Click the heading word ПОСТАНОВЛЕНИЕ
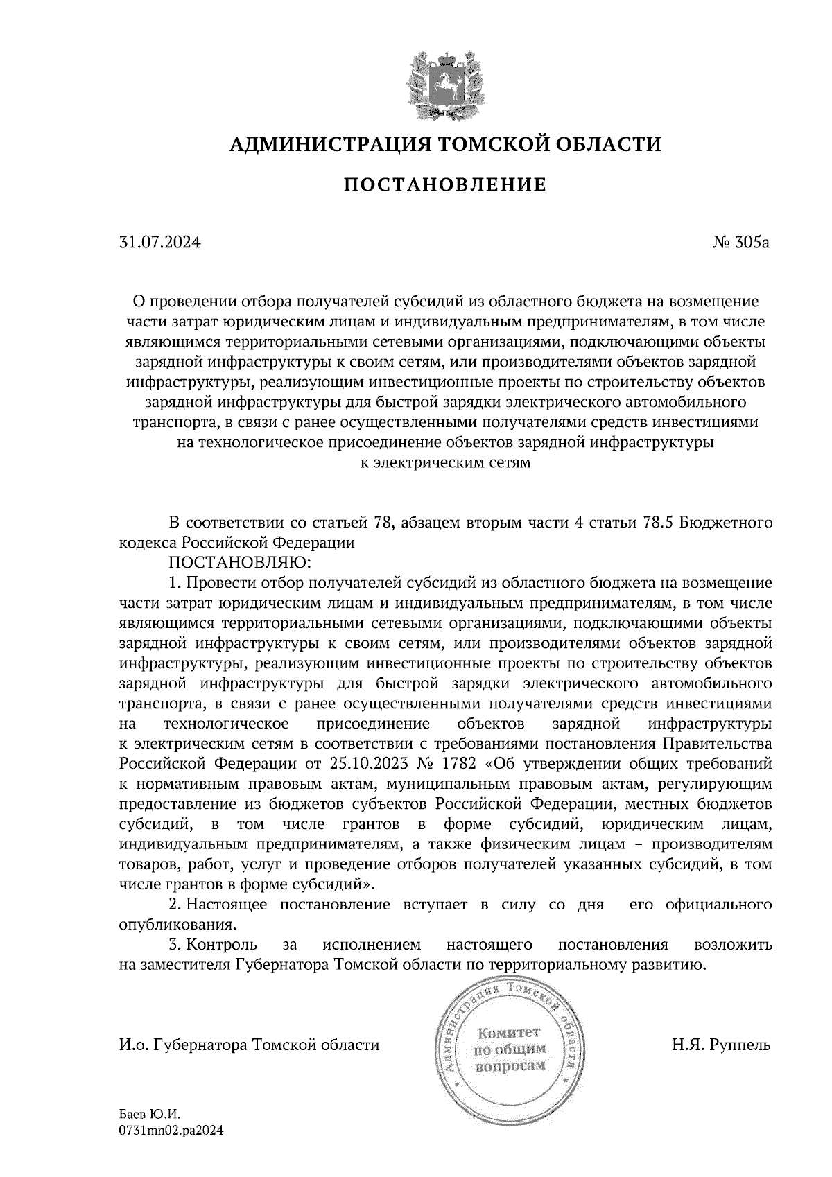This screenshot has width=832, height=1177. [446, 185]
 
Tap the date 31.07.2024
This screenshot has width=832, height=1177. [160, 243]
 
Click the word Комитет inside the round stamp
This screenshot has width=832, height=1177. [509, 1034]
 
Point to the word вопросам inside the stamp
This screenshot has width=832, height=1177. [509, 1066]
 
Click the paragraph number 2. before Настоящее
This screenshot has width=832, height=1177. [175, 905]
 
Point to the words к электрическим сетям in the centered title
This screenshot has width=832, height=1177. [447, 463]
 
